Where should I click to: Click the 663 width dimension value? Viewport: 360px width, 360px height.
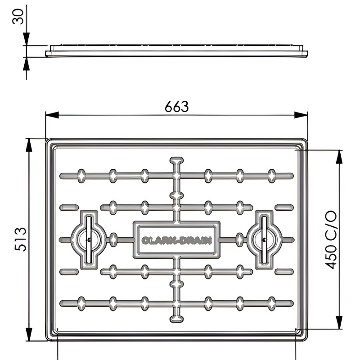[x=176, y=107]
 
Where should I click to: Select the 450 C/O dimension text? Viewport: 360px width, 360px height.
[x=331, y=240]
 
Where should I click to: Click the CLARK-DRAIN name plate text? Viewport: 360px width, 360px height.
[x=176, y=240]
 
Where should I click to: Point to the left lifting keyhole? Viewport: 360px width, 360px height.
[x=89, y=240]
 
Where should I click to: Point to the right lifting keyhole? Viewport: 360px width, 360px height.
[x=264, y=240]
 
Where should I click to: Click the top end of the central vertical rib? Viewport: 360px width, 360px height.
[x=176, y=160]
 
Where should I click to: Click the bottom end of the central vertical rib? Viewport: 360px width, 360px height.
[x=176, y=319]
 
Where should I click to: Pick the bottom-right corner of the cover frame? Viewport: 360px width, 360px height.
[x=306, y=339]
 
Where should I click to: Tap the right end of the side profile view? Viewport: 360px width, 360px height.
[x=308, y=53]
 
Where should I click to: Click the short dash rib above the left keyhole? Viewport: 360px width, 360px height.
[x=68, y=207]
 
